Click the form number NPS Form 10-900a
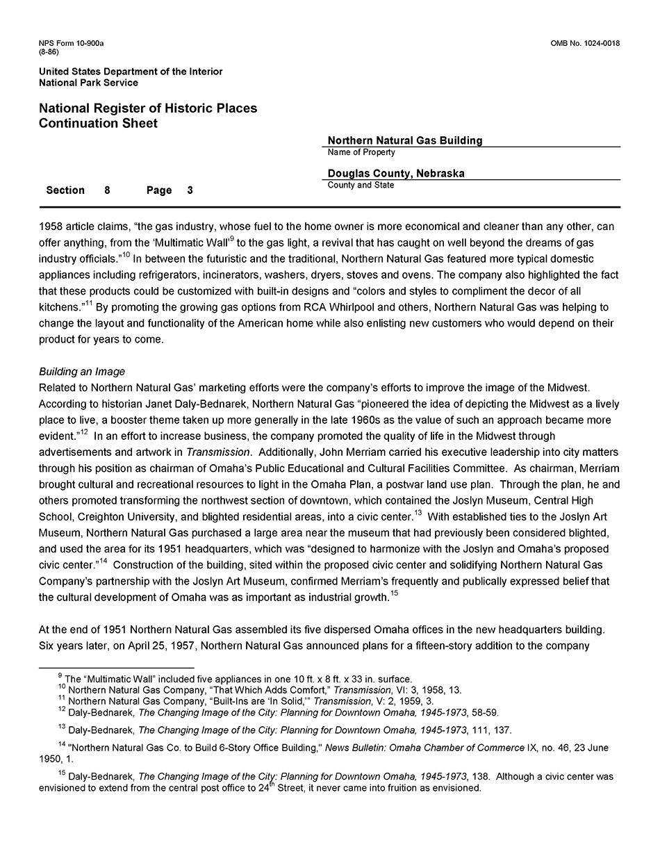click(72, 44)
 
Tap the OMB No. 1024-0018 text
click(585, 44)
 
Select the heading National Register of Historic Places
click(148, 108)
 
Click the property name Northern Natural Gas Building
click(405, 140)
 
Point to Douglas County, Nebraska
click(396, 174)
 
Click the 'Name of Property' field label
click(361, 152)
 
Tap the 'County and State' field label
click(361, 186)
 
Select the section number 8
click(107, 190)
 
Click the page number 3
click(190, 190)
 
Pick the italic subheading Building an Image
click(82, 372)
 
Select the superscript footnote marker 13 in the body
click(418, 514)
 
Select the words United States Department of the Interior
click(131, 72)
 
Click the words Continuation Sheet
click(99, 124)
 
